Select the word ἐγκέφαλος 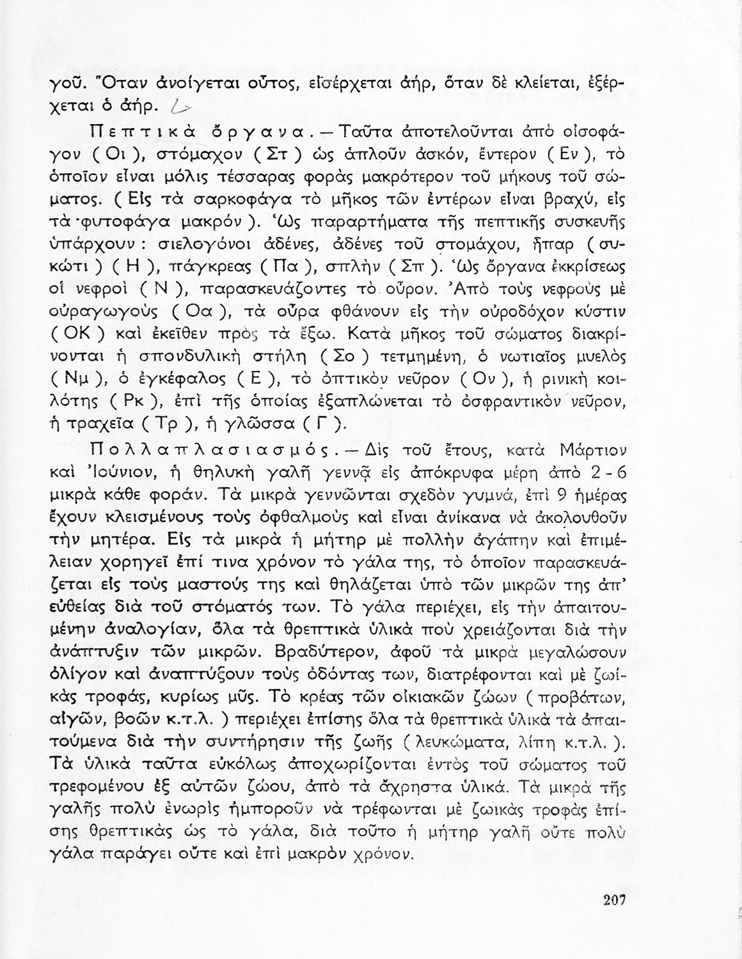[189, 380]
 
